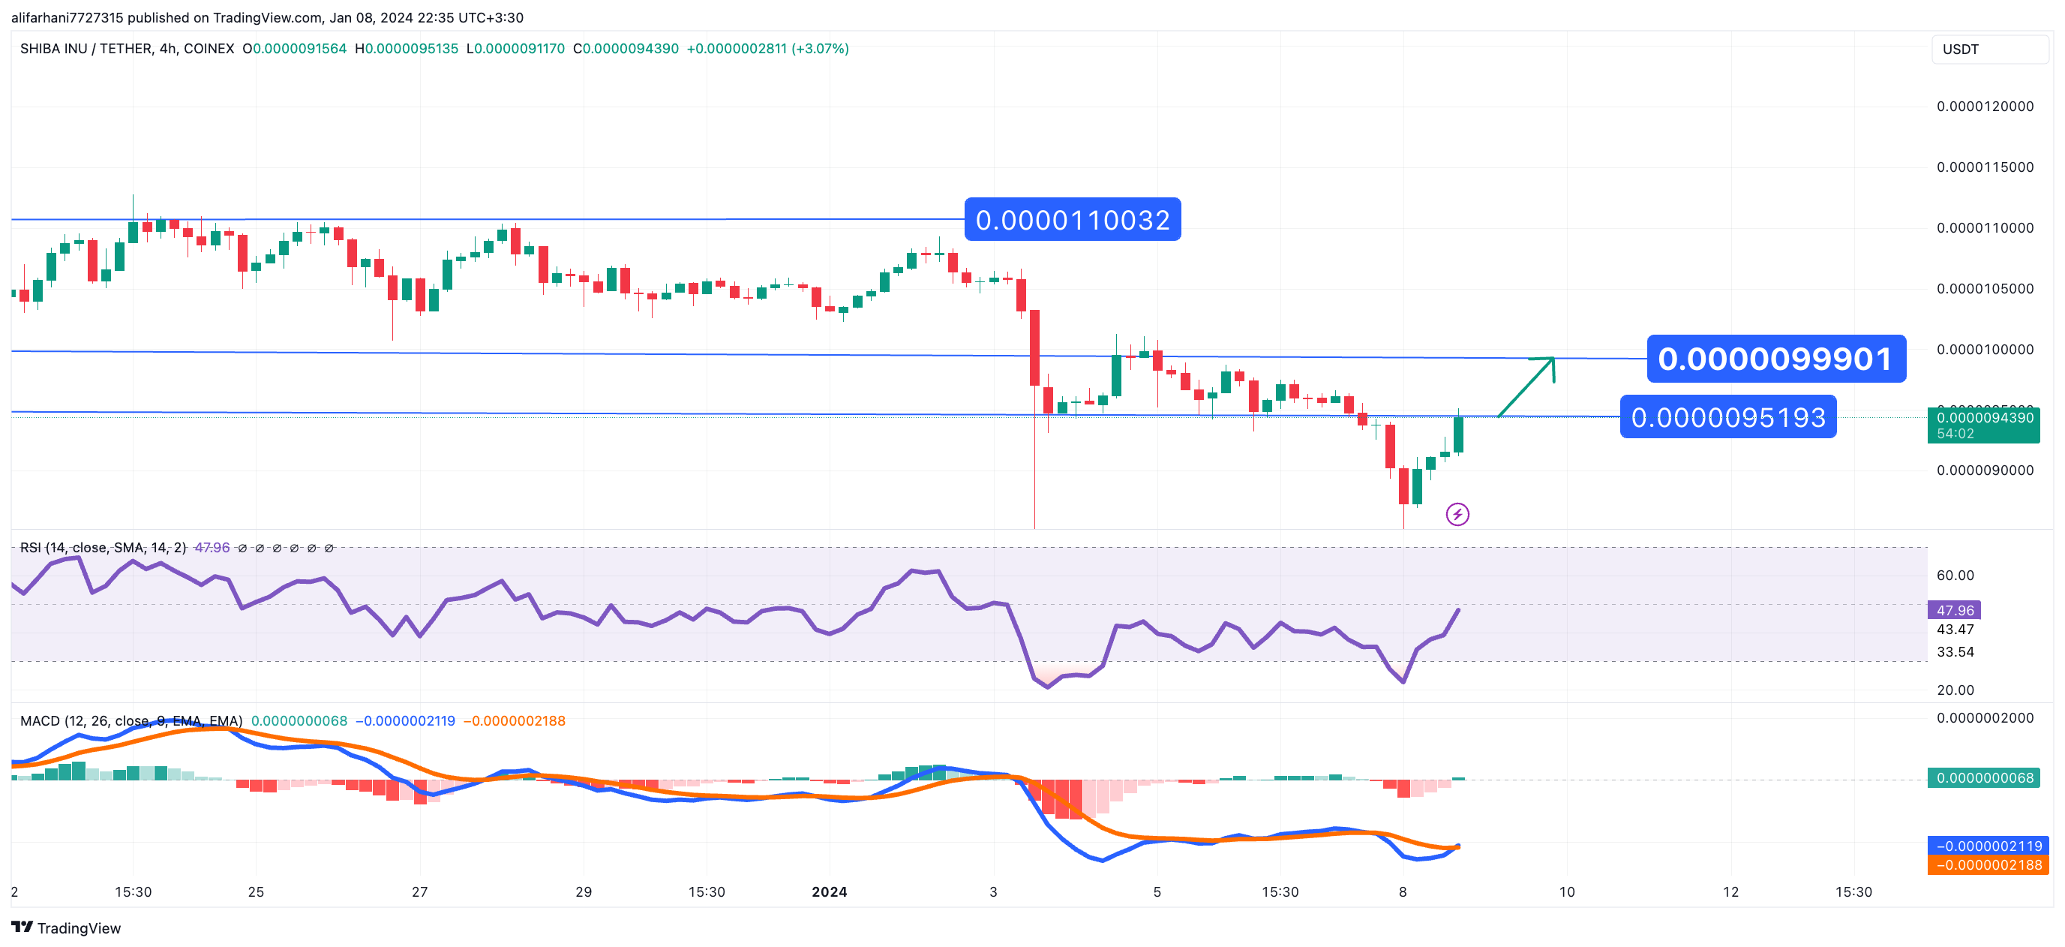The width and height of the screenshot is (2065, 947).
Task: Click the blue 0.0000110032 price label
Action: (x=1072, y=220)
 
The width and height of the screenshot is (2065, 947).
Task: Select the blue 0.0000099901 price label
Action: (x=1775, y=359)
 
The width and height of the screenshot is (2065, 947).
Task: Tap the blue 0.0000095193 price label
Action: (x=1727, y=417)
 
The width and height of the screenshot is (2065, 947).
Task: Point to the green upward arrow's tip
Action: (x=1553, y=359)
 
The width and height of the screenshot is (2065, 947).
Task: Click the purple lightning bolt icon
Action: (x=1457, y=514)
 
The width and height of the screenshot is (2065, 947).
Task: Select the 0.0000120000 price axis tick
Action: (x=1985, y=107)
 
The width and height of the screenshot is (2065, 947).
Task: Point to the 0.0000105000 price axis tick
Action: (x=1985, y=289)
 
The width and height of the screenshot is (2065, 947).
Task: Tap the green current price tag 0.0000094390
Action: (x=1983, y=425)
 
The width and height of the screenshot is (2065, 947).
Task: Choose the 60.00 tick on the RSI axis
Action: (x=1955, y=575)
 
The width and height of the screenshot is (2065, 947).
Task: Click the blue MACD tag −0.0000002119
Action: (x=1988, y=846)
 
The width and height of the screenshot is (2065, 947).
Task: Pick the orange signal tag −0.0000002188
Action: (x=1988, y=865)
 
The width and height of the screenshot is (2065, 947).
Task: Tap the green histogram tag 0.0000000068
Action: (x=1984, y=778)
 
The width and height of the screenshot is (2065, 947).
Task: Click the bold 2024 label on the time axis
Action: (x=829, y=891)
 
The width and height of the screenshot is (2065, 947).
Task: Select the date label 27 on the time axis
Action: (x=420, y=891)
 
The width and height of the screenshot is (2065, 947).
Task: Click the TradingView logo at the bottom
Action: (x=67, y=927)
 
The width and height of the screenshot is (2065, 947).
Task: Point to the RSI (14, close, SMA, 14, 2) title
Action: (x=103, y=548)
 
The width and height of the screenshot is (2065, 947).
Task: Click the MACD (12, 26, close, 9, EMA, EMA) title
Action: (x=131, y=721)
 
